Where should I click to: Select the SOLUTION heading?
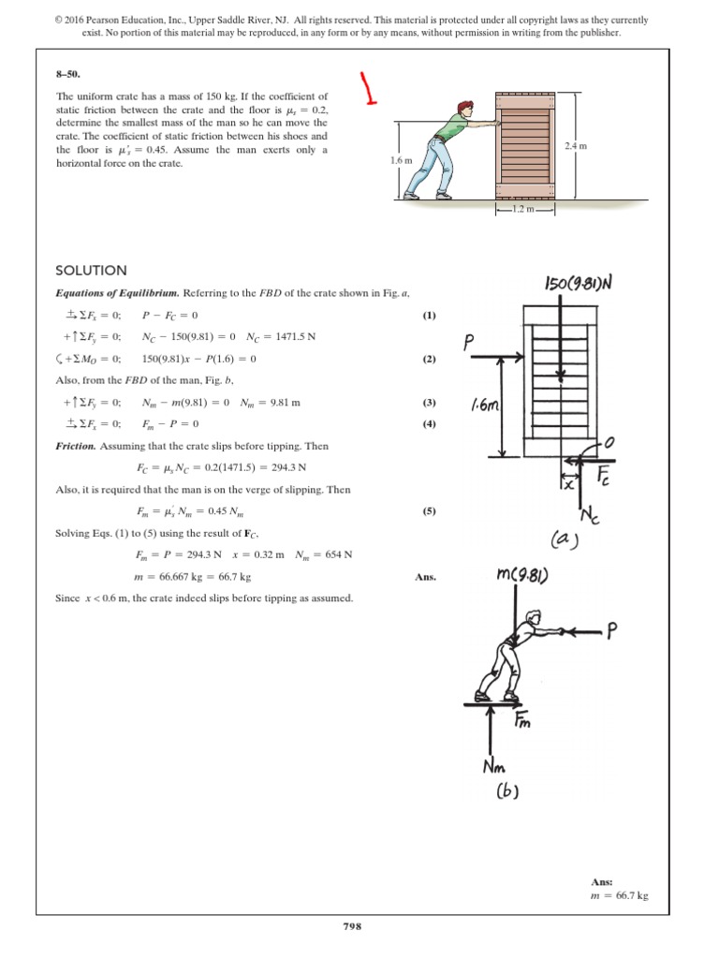(91, 271)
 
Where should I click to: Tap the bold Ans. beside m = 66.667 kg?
(424, 578)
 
